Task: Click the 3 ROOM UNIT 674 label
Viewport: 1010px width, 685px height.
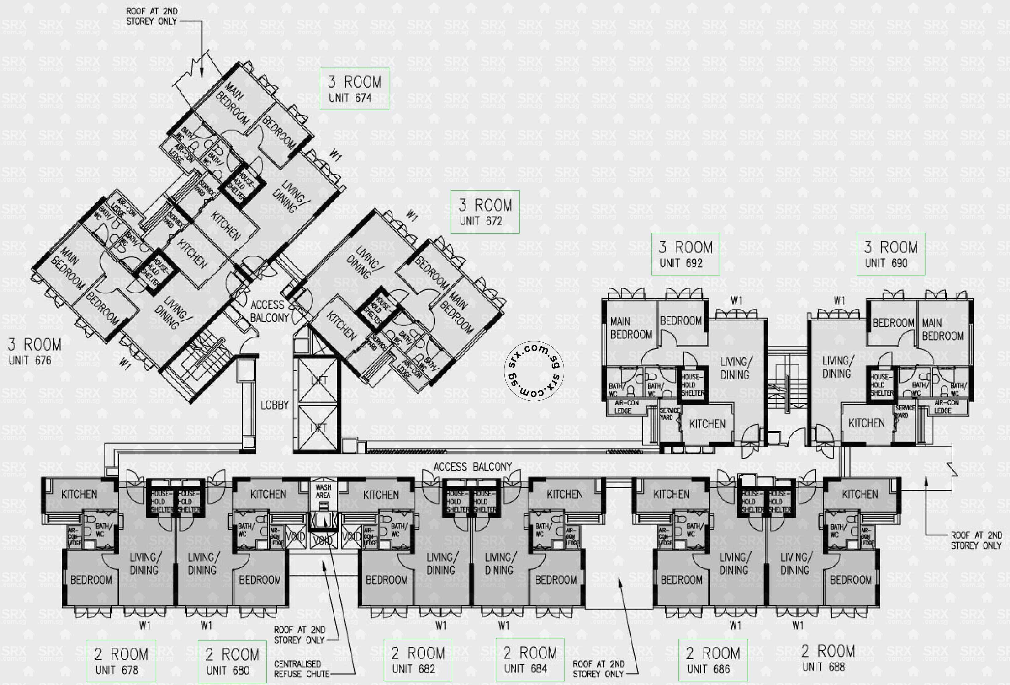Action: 354,89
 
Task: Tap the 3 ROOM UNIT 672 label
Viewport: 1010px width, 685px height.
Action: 485,212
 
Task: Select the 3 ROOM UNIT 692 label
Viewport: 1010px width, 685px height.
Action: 685,254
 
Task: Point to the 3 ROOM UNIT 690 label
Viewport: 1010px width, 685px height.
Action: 890,254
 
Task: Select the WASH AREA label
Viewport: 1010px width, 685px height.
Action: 323,491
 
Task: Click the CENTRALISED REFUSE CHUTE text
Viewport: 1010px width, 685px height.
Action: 301,669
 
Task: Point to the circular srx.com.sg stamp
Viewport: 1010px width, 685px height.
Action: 536,370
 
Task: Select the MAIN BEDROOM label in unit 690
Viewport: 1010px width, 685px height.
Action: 942,329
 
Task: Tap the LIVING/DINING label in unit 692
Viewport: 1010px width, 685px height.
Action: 734,368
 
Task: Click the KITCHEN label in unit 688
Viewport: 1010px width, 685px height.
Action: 860,494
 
